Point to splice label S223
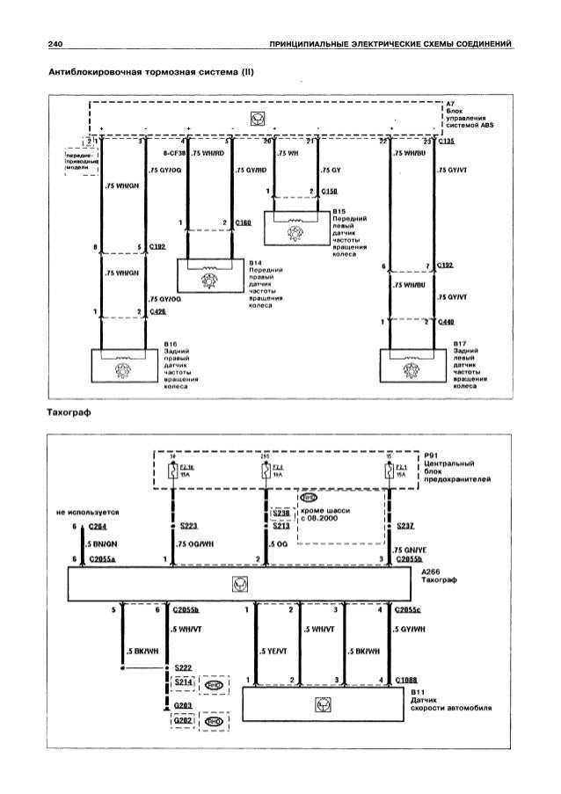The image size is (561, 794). (x=186, y=526)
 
